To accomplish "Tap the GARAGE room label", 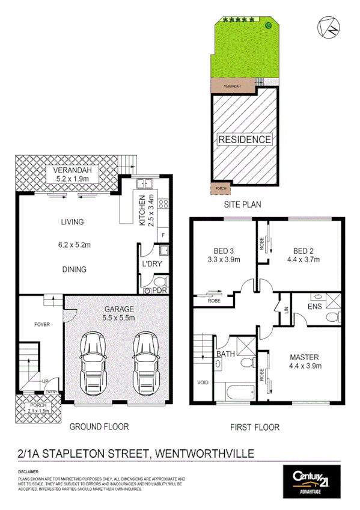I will pos(119,309).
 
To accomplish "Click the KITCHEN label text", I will pos(143,210).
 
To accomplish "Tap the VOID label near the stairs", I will pos(203,382).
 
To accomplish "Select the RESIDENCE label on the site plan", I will pos(244,140).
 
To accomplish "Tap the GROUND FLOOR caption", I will pos(99,427).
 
